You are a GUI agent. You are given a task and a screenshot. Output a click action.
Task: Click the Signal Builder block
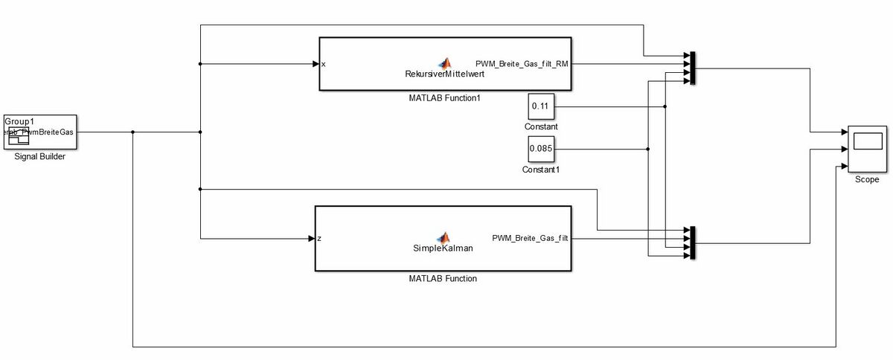click(x=40, y=132)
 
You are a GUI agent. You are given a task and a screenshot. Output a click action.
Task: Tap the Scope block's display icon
click(x=867, y=141)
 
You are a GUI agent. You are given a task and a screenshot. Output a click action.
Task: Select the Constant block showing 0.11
click(x=540, y=107)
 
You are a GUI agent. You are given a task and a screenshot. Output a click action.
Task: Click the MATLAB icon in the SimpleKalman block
click(x=444, y=237)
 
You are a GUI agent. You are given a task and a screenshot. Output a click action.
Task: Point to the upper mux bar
click(x=692, y=68)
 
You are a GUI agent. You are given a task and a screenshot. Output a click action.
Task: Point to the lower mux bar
click(x=692, y=243)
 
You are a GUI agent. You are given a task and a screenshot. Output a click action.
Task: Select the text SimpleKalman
click(x=443, y=248)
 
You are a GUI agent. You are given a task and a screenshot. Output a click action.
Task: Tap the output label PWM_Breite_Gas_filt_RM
click(x=522, y=63)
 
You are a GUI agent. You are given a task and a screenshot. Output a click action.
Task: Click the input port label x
click(x=324, y=64)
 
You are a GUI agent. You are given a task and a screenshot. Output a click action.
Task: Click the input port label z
click(x=319, y=239)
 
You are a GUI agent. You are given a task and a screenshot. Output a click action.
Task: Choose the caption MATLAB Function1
click(x=444, y=97)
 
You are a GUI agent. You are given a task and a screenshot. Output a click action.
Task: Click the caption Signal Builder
click(x=40, y=156)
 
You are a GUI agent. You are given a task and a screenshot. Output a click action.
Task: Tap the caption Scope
click(x=867, y=180)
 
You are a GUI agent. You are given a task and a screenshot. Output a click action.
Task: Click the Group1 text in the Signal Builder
click(x=20, y=120)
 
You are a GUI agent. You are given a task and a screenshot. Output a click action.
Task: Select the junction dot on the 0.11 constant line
click(x=665, y=107)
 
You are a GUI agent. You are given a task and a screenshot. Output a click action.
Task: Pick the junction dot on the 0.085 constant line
click(x=648, y=149)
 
